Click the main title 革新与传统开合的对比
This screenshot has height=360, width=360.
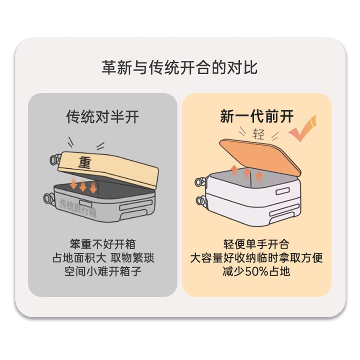(x=180, y=67)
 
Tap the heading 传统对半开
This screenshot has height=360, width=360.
(x=103, y=117)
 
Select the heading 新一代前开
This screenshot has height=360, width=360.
(x=256, y=116)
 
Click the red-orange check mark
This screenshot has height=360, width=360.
(x=303, y=129)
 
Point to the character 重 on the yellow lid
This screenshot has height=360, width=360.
(x=85, y=163)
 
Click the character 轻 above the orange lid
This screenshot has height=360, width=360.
(x=258, y=134)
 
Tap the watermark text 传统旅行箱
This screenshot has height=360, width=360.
(x=78, y=208)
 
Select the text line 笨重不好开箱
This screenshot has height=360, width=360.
(x=103, y=244)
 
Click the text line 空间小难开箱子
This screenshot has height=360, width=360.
(x=103, y=271)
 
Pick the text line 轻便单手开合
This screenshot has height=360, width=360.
(x=256, y=244)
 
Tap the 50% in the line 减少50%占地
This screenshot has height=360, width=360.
(x=256, y=272)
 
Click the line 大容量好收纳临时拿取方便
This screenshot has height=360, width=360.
(x=256, y=258)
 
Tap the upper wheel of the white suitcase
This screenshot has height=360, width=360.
(x=200, y=182)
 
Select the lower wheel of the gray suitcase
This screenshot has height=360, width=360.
(x=49, y=199)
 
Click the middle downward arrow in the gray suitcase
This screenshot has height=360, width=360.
(x=83, y=186)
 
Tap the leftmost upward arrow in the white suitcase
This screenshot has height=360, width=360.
(x=234, y=170)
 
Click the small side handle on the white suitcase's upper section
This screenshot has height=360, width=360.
(x=283, y=191)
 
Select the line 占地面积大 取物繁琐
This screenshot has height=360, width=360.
(x=103, y=258)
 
